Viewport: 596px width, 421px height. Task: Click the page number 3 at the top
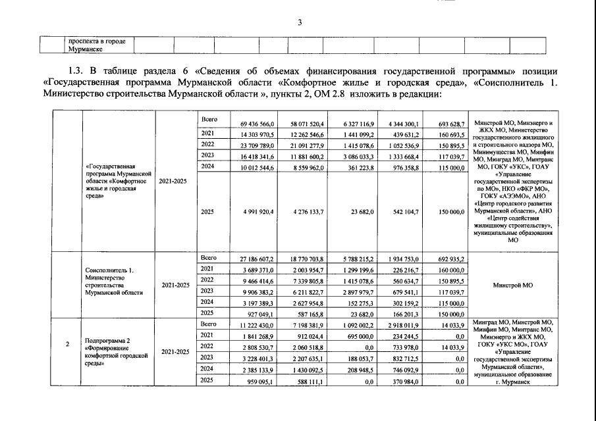tap(300, 24)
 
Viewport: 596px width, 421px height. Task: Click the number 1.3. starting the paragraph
tap(77, 71)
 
